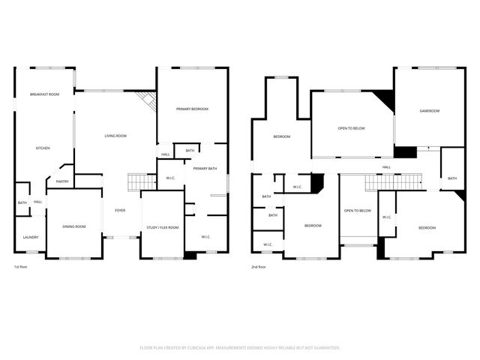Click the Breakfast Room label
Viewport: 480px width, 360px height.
[x=45, y=94]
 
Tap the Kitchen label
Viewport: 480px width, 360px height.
[x=43, y=148]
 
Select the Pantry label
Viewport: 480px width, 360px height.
[x=62, y=181]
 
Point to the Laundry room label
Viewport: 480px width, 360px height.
[x=30, y=238]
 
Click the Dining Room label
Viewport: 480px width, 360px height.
[x=74, y=226]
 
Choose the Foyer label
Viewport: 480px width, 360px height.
[x=120, y=210]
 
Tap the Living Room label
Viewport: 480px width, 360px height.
[x=115, y=136]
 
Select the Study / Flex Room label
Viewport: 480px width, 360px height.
[x=163, y=227]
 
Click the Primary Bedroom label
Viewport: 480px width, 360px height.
[x=192, y=109]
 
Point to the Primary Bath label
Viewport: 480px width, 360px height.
[x=205, y=169]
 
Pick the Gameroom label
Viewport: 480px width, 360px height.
[x=429, y=111]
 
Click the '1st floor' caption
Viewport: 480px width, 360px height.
[x=22, y=267]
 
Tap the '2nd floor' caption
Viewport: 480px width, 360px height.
[x=259, y=267]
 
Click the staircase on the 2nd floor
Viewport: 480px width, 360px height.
[x=394, y=182]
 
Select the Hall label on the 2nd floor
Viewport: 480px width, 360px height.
[x=386, y=167]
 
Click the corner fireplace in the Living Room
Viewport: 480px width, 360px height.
[x=148, y=101]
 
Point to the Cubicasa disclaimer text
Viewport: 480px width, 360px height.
[x=240, y=348]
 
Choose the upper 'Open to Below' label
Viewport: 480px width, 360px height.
[x=351, y=128]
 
